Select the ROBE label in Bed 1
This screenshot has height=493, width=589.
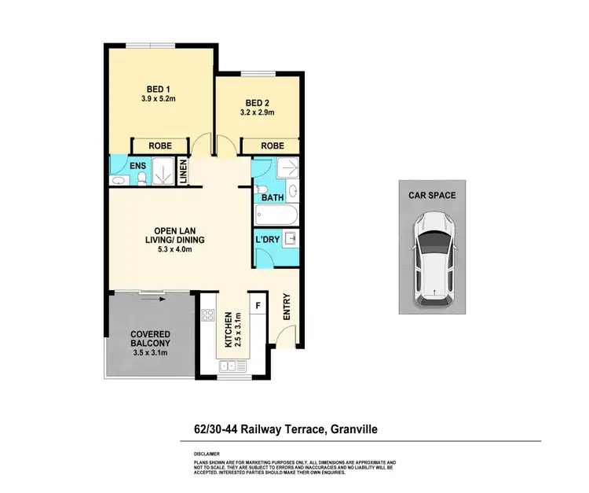coord(160,145)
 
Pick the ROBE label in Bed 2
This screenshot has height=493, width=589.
coord(272,145)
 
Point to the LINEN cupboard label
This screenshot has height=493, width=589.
coord(183,172)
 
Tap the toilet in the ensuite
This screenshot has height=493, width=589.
coord(141,179)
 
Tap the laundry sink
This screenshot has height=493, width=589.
coord(290,238)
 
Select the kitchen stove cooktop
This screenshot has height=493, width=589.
coord(209,316)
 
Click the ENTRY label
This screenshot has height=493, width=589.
coord(286,307)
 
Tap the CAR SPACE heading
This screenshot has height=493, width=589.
coord(431,195)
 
